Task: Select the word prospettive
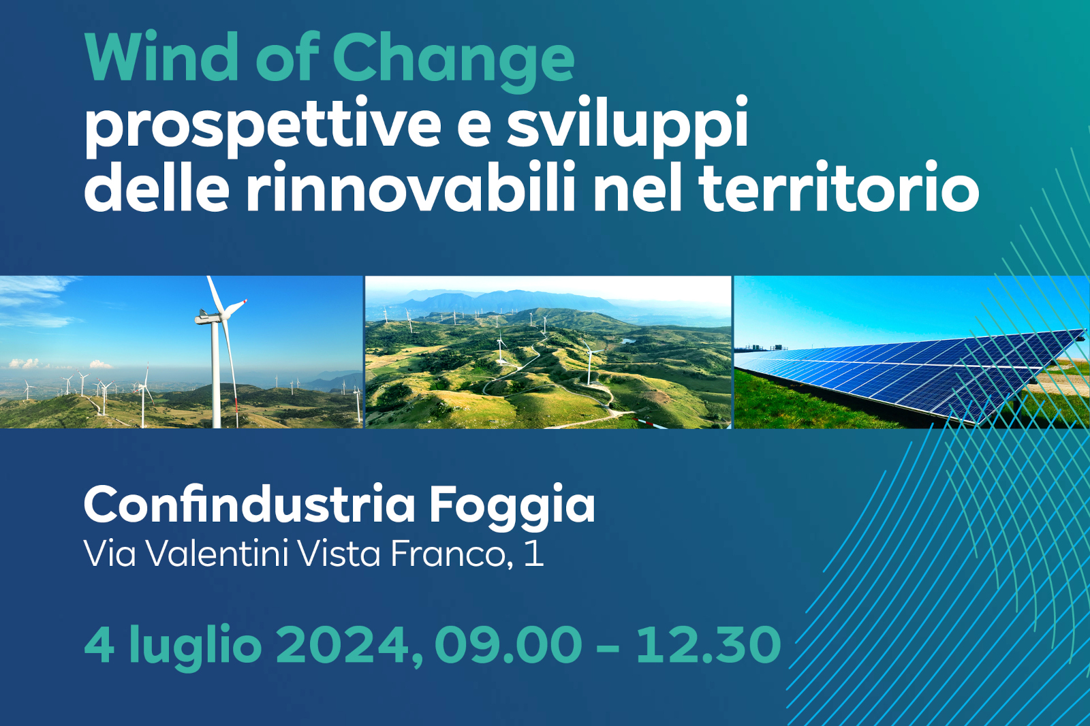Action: click(263, 127)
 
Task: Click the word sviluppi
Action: click(627, 126)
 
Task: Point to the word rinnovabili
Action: click(409, 186)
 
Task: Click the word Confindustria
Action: click(249, 504)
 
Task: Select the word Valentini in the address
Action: click(217, 553)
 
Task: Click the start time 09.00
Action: click(508, 644)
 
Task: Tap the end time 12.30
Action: click(708, 644)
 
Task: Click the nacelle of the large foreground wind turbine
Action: click(208, 317)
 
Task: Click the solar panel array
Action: click(910, 375)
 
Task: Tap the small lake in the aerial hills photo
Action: click(628, 341)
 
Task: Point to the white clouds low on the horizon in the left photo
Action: click(23, 363)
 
